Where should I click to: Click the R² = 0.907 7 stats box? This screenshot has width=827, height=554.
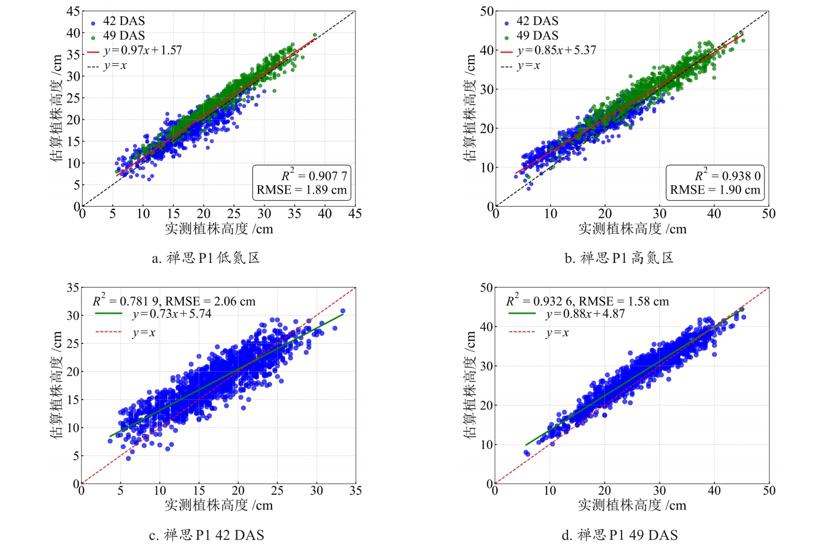[x=302, y=183]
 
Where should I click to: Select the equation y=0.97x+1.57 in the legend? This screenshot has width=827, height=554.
[x=143, y=50]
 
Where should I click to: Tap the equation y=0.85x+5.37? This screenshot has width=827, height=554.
[x=557, y=50]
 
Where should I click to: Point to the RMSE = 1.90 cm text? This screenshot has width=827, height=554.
[x=715, y=190]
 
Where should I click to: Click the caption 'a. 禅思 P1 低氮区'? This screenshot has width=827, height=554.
[x=206, y=258]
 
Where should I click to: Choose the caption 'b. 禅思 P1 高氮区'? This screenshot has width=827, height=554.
[x=619, y=258]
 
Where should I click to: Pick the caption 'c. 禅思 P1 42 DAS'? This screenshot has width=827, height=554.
[x=207, y=535]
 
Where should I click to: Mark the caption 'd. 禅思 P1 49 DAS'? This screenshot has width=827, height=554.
[x=620, y=535]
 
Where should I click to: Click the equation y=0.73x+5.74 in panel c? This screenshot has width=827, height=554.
[x=172, y=314]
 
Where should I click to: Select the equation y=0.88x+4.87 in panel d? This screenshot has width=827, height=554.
[x=585, y=314]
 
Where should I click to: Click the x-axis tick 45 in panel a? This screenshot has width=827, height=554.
[x=355, y=214]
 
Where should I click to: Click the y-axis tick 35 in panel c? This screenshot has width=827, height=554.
[x=73, y=287]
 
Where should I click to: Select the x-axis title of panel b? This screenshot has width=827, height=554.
[x=632, y=229]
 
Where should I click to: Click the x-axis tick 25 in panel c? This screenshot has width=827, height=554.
[x=277, y=491]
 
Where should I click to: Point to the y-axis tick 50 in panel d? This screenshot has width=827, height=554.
[x=486, y=287]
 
